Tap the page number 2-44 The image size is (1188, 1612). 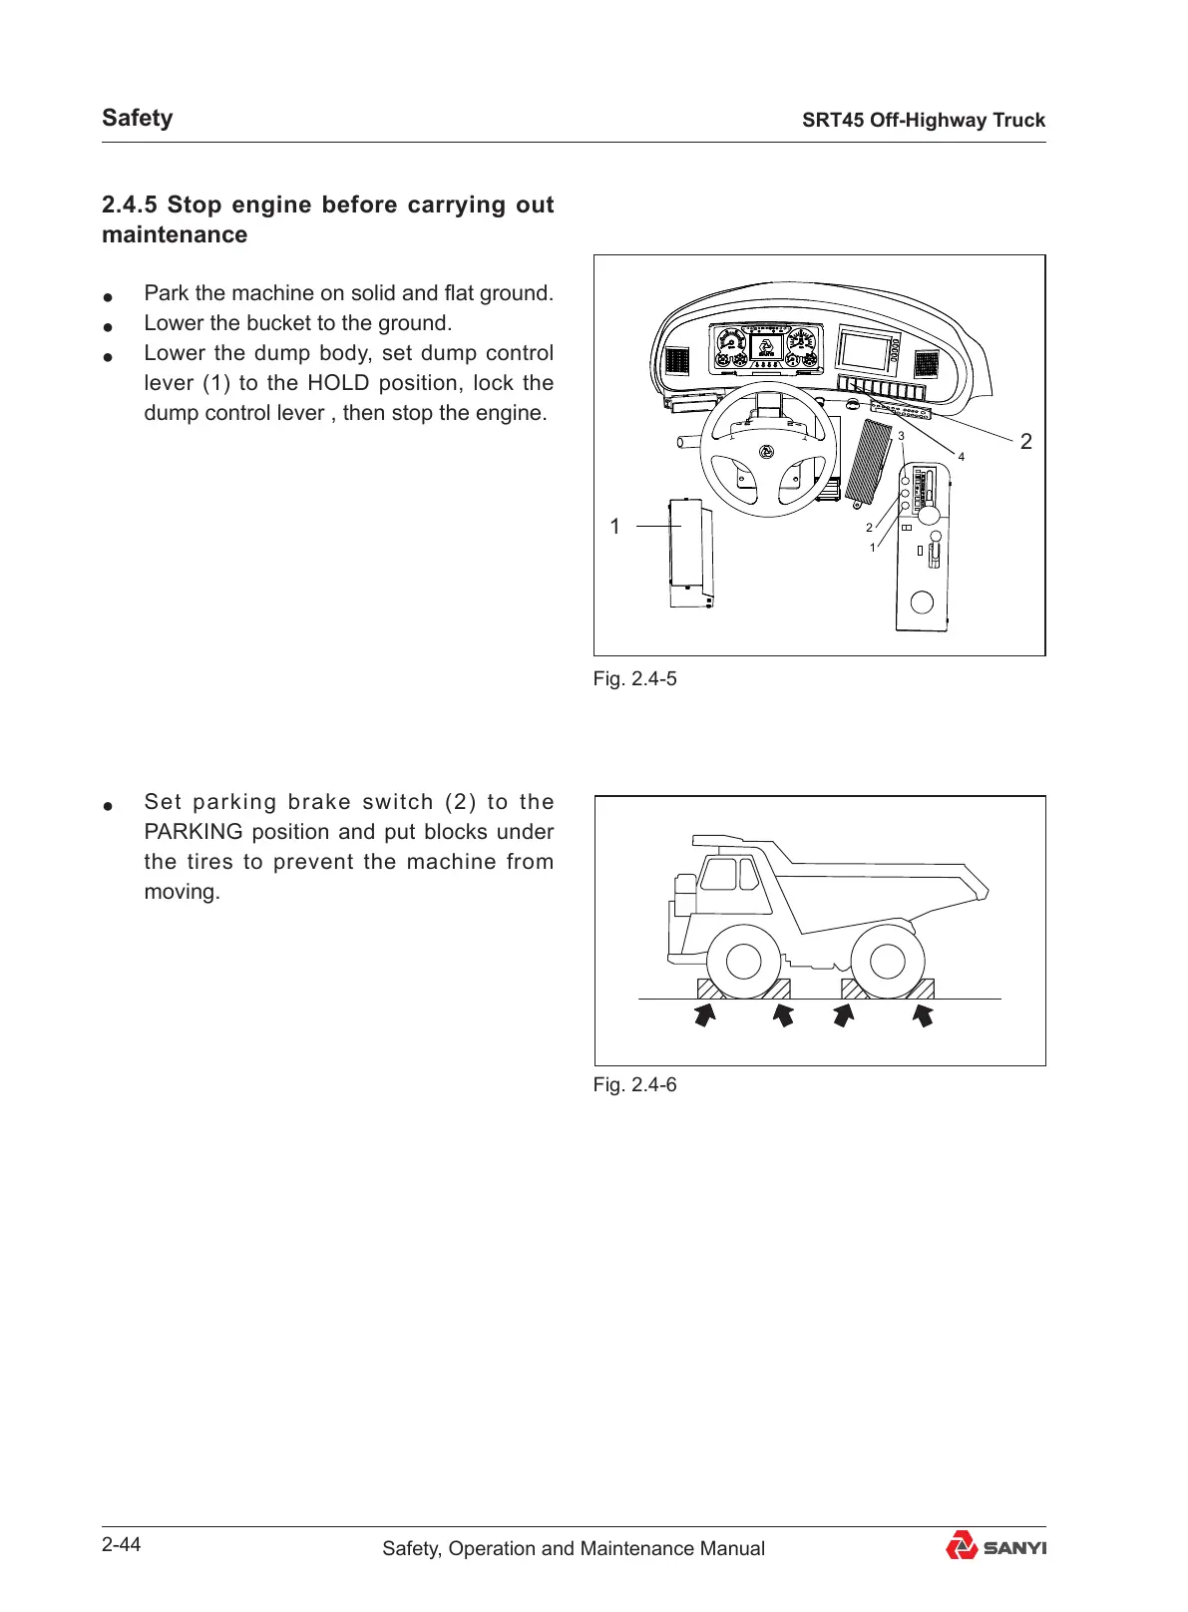[x=122, y=1545]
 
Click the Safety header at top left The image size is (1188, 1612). [x=138, y=118]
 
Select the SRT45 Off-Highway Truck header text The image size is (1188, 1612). [x=924, y=121]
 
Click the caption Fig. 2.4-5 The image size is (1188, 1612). [x=634, y=679]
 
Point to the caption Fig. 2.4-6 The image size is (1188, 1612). [x=634, y=1085]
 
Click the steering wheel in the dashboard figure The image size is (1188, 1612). [x=768, y=450]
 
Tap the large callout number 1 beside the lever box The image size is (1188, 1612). [x=615, y=527]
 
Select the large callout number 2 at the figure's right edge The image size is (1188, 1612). [x=1026, y=442]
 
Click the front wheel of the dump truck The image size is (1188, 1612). [x=744, y=962]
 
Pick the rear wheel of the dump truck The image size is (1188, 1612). [x=887, y=962]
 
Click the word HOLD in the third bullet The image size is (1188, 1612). [x=338, y=383]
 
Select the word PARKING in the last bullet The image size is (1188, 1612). [x=194, y=832]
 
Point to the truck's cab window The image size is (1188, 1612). [x=719, y=875]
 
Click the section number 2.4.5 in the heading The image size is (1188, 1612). [x=130, y=204]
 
